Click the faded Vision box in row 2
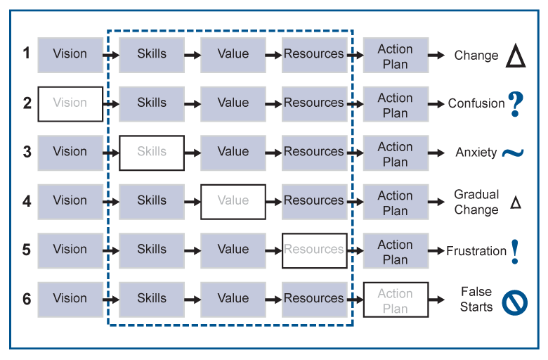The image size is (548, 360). pos(70,103)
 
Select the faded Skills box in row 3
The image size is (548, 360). pos(152,153)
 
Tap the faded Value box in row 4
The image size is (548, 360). pos(233,201)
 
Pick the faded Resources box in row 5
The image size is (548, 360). pos(314,250)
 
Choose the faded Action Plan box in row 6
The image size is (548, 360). pos(396,300)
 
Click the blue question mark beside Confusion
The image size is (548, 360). pos(516,103)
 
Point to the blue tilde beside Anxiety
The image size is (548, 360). pos(513,153)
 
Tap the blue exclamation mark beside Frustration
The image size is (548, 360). pos(515,251)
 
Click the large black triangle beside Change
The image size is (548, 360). pos(516,56)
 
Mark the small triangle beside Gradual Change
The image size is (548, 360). pos(516,202)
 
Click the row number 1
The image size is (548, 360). pos(27,53)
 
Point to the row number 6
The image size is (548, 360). pos(27,299)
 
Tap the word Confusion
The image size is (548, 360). pos(476,103)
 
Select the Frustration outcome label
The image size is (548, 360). pos(476,251)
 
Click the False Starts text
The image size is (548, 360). pos(476,299)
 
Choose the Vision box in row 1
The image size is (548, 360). pos(70,54)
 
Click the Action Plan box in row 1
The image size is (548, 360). pos(396,56)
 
